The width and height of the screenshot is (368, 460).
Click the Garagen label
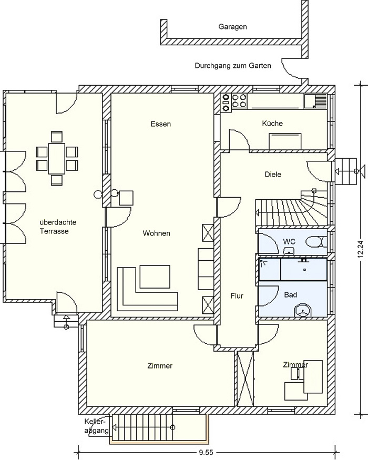pyautogui.click(x=232, y=27)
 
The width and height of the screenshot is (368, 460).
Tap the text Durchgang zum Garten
pyautogui.click(x=233, y=65)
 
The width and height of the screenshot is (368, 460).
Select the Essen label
pyautogui.click(x=160, y=124)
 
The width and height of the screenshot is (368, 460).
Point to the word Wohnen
pyautogui.click(x=157, y=233)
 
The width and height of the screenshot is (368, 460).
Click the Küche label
pyautogui.click(x=272, y=123)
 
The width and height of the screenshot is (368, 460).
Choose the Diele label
pyautogui.click(x=273, y=174)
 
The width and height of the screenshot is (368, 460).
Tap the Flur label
pyautogui.click(x=237, y=295)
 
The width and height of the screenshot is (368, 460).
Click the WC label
pyautogui.click(x=289, y=242)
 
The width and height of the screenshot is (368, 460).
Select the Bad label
pyautogui.click(x=291, y=294)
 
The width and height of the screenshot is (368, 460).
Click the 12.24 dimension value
pyautogui.click(x=361, y=249)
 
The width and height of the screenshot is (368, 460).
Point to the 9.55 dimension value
pyautogui.click(x=206, y=453)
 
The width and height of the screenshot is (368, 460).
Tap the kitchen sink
pyautogui.click(x=315, y=101)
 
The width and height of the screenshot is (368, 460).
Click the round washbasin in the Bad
pyautogui.click(x=303, y=310)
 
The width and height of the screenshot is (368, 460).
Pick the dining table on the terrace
pyautogui.click(x=57, y=158)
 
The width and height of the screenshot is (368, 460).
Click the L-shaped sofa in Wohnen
pyautogui.click(x=147, y=289)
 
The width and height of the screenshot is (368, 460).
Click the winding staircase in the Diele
pyautogui.click(x=291, y=208)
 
